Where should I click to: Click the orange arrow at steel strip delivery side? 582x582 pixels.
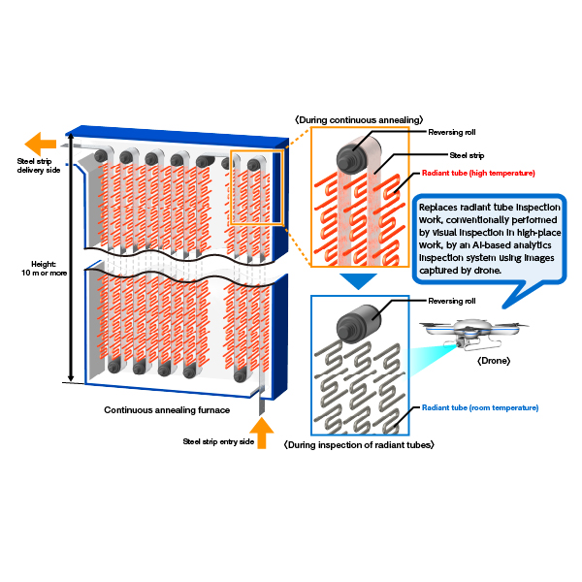tap(40, 144)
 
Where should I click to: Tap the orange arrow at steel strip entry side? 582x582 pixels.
tap(262, 433)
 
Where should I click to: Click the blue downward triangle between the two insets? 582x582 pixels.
tap(358, 281)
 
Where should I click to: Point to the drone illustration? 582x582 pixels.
tap(474, 334)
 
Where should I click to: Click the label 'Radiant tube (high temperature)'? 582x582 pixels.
tap(478, 173)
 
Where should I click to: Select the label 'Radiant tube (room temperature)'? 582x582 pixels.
tap(480, 407)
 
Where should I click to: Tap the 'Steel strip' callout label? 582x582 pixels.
tap(467, 155)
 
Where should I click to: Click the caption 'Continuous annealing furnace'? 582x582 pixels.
tap(167, 410)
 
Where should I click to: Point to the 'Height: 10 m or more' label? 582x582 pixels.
tap(45, 269)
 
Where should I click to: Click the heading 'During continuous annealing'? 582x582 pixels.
tap(359, 120)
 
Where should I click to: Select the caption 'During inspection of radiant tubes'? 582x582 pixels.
tap(359, 444)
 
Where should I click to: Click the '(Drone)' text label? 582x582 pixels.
tap(494, 361)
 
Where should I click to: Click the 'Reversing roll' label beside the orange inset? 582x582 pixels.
tap(452, 132)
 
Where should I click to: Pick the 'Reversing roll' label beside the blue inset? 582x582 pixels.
tap(452, 301)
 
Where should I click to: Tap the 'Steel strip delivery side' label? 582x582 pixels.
tap(39, 166)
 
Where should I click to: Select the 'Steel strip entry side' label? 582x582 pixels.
tap(218, 441)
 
